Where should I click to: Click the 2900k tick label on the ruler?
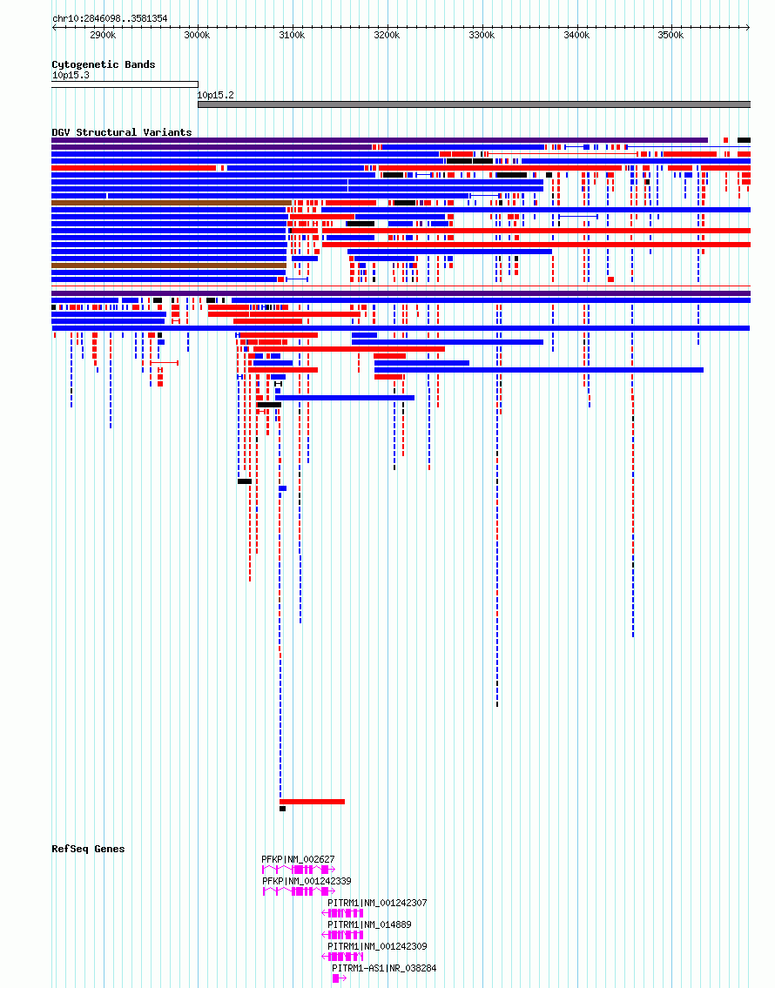tap(103, 35)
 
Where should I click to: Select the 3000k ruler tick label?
tap(198, 35)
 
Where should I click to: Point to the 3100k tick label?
tap(292, 35)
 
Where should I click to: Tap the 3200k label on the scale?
tap(387, 35)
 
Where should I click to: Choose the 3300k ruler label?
tap(482, 35)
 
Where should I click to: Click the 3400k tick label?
tap(576, 35)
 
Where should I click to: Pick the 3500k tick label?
tap(671, 35)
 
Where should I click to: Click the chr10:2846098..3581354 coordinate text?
tap(110, 18)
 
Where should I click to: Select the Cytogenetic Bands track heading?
tap(103, 64)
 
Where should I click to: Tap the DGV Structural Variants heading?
tap(121, 132)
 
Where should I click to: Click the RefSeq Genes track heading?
tap(88, 849)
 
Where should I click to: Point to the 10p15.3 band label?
tap(71, 75)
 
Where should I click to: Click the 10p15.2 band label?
tap(216, 94)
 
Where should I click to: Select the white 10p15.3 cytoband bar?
tap(125, 84)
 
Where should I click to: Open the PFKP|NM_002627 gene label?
tap(298, 859)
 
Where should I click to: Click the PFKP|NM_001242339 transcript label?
tap(307, 881)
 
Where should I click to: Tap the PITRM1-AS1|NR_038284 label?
tap(384, 968)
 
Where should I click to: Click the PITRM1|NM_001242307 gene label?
tap(377, 903)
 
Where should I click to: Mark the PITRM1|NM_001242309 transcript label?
tap(377, 946)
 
